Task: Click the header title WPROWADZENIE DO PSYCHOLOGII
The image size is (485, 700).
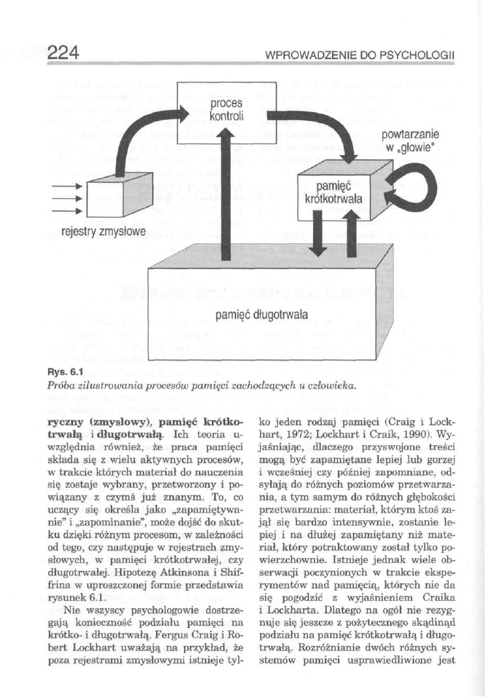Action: pyautogui.click(x=360, y=55)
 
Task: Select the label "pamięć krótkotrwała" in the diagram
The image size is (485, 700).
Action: pyautogui.click(x=335, y=194)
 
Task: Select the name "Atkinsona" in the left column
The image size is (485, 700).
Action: pyautogui.click(x=195, y=574)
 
